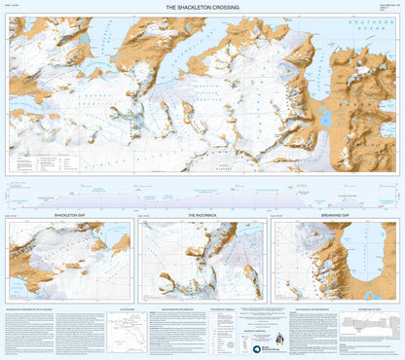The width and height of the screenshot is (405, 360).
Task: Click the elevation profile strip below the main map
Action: [202, 193]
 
